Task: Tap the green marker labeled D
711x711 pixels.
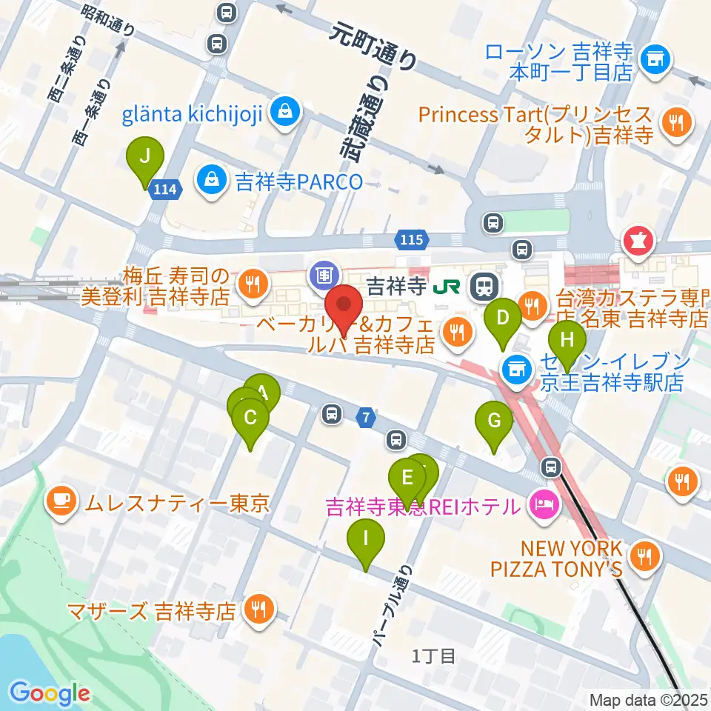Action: pos(503,320)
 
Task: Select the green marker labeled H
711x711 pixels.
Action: pos(567,342)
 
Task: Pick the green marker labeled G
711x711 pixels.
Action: pos(494,423)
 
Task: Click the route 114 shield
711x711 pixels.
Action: pos(164,190)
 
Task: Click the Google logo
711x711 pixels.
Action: pos(50,693)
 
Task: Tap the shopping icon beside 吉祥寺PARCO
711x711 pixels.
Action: pos(213,179)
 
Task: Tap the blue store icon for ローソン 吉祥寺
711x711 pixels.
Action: pos(654,56)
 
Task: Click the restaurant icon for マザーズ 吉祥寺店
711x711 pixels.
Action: pos(258,611)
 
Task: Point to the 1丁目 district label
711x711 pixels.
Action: pos(435,655)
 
